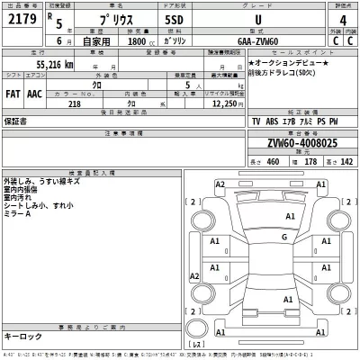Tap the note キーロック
(22, 335)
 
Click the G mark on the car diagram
(284, 237)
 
